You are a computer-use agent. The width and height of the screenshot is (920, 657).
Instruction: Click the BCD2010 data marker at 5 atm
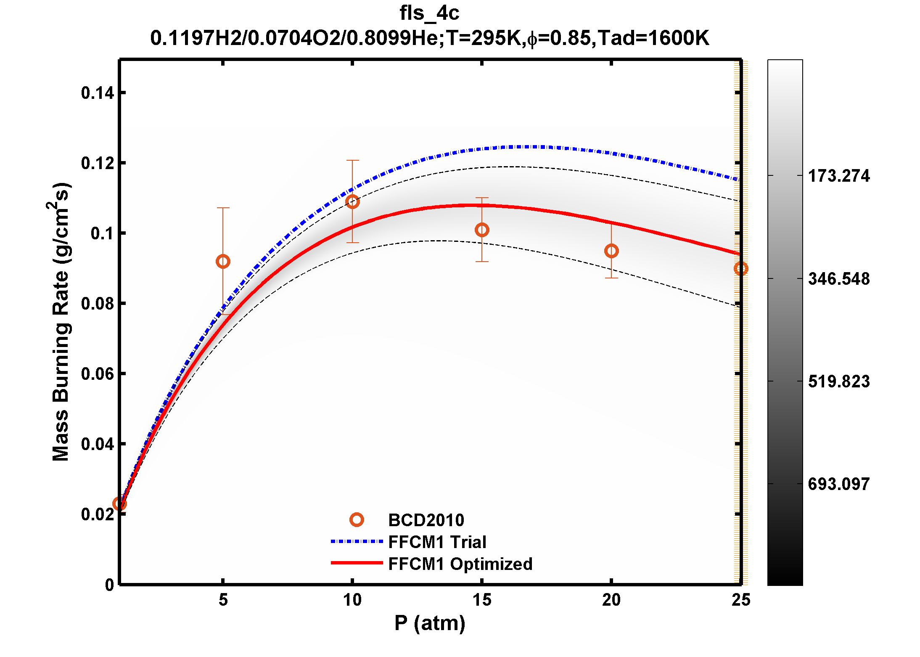(223, 262)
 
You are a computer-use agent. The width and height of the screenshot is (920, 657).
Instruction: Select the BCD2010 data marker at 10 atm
(352, 201)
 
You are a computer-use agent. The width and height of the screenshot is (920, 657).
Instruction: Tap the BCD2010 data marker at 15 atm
(482, 230)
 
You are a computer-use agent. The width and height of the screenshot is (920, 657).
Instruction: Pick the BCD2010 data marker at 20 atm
(611, 251)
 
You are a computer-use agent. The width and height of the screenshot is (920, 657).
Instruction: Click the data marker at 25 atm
(740, 268)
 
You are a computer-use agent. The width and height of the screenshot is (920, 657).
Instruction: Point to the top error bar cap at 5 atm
(223, 208)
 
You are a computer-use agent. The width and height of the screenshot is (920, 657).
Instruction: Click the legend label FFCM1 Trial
(437, 542)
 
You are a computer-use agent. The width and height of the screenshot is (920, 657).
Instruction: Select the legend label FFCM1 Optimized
(460, 564)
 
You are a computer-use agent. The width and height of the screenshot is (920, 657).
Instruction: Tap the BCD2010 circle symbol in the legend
(357, 520)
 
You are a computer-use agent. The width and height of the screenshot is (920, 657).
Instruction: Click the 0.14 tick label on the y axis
(98, 93)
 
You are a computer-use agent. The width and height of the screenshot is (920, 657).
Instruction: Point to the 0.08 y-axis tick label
(98, 304)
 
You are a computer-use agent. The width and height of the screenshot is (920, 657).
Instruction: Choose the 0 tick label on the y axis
(109, 585)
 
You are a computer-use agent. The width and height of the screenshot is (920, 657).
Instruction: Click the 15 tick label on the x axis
(482, 600)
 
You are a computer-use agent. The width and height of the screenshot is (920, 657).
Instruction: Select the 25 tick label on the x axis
(740, 600)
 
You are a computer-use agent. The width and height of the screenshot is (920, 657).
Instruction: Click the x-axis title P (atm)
(430, 623)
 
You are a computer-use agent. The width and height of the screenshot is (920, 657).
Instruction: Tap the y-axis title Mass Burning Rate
(61, 322)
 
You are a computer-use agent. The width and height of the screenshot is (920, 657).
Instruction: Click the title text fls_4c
(429, 13)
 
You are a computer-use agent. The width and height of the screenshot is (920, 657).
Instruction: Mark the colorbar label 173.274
(839, 176)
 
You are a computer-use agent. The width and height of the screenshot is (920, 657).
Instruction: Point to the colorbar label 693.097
(839, 484)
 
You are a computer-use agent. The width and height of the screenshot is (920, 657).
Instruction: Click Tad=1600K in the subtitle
(653, 38)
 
